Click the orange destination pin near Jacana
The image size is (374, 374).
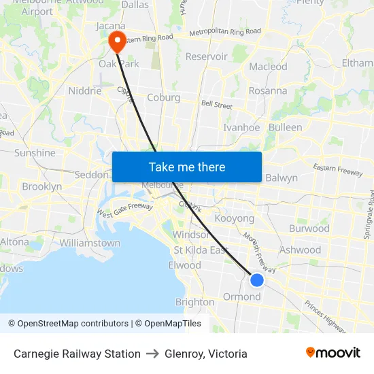point(117,41)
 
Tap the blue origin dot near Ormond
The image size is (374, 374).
point(257,279)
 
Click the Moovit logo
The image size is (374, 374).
point(333,353)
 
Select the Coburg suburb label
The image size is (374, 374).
point(163,97)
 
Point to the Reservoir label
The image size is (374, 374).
point(206,56)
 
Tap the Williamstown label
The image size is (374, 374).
point(90,243)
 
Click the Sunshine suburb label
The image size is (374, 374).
point(35,153)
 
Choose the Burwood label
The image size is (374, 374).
point(309,228)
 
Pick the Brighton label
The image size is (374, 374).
point(194,302)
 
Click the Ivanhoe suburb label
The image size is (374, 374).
point(241,127)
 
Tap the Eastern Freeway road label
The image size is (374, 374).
point(338,170)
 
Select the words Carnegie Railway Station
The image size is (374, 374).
point(77,354)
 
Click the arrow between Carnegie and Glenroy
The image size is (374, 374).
point(152,354)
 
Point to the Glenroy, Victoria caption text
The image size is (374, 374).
point(205,354)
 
